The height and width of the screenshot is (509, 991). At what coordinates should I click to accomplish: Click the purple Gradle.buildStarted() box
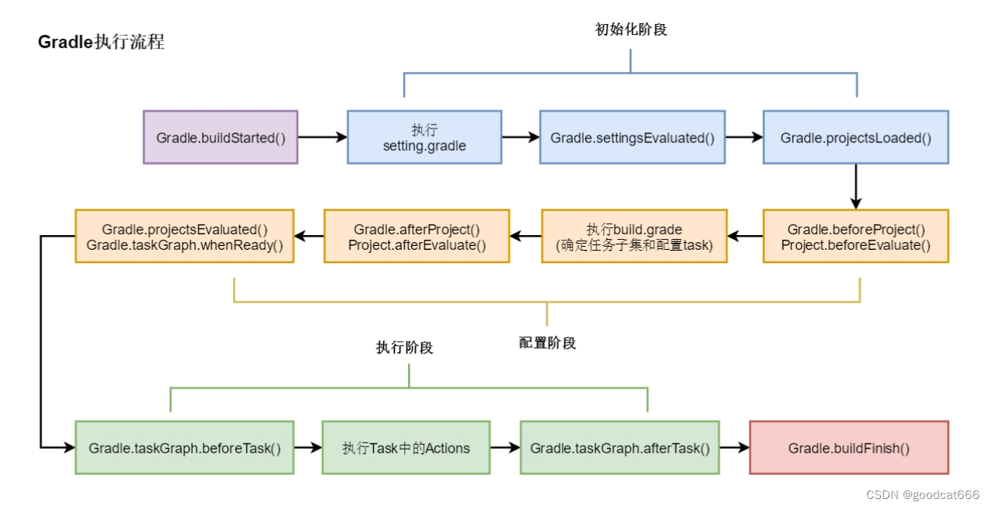pos(221,138)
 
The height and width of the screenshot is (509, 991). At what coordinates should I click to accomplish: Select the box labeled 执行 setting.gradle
pos(424,138)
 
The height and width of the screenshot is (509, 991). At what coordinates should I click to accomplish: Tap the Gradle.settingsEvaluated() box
pos(632,138)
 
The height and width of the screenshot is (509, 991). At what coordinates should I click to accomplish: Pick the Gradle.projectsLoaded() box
pos(856,138)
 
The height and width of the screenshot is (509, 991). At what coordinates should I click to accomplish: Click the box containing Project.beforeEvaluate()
pos(856,237)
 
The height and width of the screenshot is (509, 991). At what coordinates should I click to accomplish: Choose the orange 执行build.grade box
pos(633,237)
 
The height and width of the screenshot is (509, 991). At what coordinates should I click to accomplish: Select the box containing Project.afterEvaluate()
pos(417,237)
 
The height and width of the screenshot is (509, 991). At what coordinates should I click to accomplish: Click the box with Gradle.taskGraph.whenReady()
pos(184,237)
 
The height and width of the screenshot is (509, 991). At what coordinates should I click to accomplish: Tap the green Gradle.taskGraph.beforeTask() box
pos(184,448)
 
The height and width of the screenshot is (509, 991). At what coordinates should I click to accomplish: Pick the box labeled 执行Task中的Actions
pos(406,448)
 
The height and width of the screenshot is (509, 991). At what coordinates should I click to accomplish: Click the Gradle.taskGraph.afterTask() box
pos(619,448)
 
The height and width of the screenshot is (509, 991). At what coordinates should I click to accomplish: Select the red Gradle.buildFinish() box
pos(849,448)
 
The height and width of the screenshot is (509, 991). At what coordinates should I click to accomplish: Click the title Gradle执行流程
pos(101,43)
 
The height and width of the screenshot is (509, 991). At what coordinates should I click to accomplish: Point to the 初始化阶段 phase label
pos(631,29)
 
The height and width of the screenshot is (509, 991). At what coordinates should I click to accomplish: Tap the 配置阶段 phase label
pos(547,343)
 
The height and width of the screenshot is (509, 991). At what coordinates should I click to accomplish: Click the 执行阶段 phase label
pos(404,347)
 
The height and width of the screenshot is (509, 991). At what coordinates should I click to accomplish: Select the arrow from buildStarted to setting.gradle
pos(322,138)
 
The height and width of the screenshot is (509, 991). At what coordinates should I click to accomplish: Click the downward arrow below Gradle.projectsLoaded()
pos(856,186)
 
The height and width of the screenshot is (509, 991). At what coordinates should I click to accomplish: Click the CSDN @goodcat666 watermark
pos(923,494)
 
